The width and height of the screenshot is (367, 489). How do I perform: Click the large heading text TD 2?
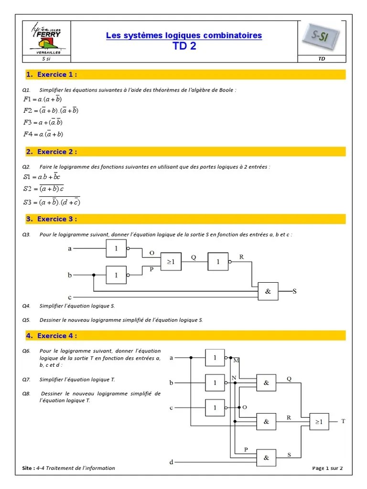point(183,46)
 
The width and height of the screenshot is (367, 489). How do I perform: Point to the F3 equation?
point(43,122)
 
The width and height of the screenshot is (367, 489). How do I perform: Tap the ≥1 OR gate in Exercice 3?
point(171,261)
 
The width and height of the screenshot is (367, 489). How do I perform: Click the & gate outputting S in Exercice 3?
point(268,291)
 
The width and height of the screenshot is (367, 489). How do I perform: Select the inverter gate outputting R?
point(218,261)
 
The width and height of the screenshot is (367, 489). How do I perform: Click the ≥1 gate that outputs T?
point(319,422)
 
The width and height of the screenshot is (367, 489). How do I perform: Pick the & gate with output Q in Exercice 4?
point(267,383)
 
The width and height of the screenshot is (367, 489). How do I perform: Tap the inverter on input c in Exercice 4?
point(215,408)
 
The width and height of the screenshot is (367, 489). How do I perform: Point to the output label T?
point(343,421)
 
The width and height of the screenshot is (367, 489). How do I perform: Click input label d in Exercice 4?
point(171,462)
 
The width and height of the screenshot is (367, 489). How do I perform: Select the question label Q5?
point(26,320)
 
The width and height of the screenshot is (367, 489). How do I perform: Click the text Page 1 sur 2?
point(327,468)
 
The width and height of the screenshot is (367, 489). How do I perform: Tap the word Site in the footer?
point(28,468)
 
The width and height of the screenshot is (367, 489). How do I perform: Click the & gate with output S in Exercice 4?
point(267,457)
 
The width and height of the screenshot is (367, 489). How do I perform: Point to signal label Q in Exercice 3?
point(194,257)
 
